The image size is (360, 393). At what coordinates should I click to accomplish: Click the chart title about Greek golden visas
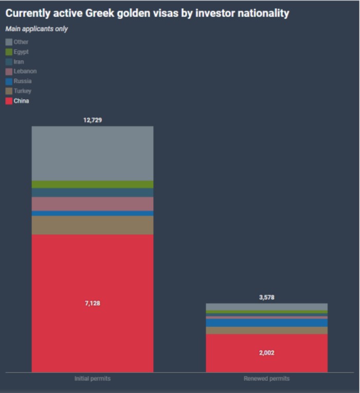147,13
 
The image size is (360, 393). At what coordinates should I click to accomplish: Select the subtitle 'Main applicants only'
37,29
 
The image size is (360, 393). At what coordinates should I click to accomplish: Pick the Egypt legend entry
17,52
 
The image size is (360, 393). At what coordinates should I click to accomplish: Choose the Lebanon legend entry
21,72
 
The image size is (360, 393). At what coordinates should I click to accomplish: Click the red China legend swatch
9,101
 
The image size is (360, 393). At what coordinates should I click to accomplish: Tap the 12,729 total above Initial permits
93,120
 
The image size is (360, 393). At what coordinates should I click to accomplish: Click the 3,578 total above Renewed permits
266,297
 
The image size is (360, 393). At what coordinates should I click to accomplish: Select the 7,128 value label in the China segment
93,303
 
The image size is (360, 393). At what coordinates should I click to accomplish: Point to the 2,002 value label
266,353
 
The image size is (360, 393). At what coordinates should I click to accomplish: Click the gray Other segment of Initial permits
93,153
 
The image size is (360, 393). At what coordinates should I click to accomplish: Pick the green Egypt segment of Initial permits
93,184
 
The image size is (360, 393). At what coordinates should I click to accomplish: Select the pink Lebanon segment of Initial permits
93,204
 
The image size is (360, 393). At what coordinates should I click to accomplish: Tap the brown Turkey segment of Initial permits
93,225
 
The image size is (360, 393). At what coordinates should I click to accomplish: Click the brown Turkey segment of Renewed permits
266,330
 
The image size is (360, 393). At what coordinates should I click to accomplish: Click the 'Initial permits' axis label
93,379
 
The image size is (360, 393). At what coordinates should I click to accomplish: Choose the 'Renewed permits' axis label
266,379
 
